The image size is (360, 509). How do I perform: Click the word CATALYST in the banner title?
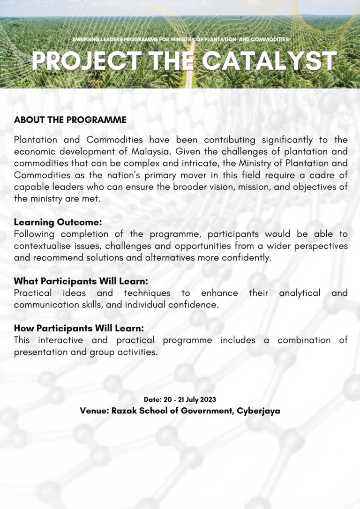coord(271,61)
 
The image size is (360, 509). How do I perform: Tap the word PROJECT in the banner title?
coord(87,61)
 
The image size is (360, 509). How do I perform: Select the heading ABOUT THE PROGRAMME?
coord(70,120)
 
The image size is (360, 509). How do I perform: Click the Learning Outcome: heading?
coord(58,222)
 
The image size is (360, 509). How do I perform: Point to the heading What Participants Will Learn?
coord(81,281)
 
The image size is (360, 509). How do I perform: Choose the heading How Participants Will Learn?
coord(79,328)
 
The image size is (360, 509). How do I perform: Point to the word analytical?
coord(300,293)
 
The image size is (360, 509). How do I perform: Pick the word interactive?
coord(60,340)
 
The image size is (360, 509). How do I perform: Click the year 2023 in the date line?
coord(207,400)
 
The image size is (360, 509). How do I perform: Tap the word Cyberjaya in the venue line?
coord(258,411)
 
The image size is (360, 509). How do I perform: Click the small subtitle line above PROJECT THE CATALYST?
coord(180,40)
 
